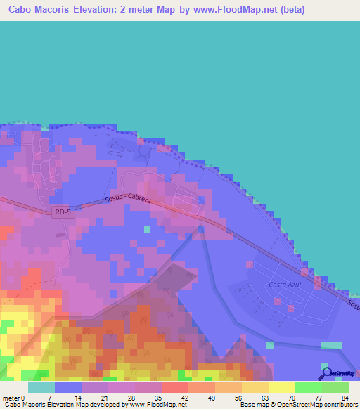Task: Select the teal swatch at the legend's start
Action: click(x=41, y=387)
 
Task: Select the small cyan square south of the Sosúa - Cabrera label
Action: click(x=147, y=228)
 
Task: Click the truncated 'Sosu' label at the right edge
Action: click(x=353, y=303)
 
